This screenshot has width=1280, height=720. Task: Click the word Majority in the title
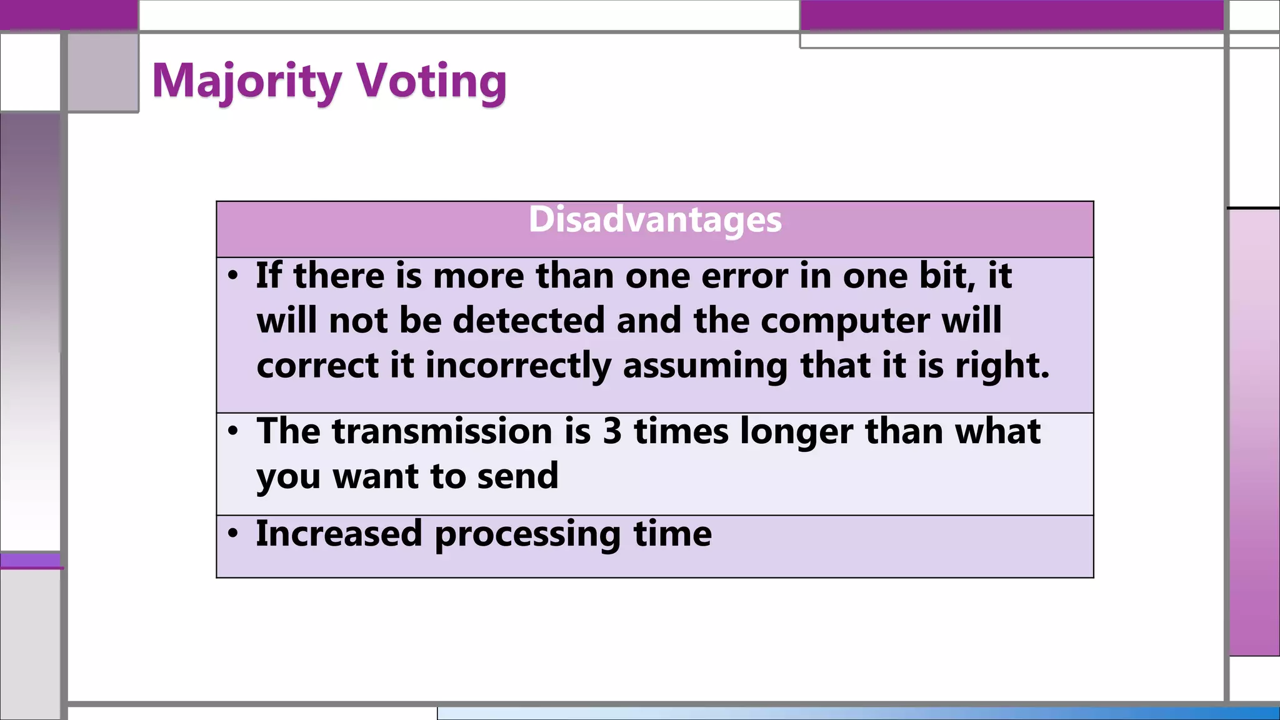247,82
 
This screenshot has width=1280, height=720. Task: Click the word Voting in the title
431,82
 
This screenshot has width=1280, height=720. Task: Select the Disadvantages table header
655,220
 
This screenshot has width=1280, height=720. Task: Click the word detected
529,321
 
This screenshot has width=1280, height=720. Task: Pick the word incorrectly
518,366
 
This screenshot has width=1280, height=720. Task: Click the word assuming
706,366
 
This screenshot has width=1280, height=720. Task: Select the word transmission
442,431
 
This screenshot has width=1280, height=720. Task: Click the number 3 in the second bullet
612,431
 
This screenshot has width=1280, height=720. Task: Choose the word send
517,476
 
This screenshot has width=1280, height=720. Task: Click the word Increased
339,534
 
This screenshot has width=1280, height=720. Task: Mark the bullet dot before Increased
233,533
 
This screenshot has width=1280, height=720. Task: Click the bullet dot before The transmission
233,431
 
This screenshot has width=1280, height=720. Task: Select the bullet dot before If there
233,275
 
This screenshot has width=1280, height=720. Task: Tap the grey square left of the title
102,72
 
